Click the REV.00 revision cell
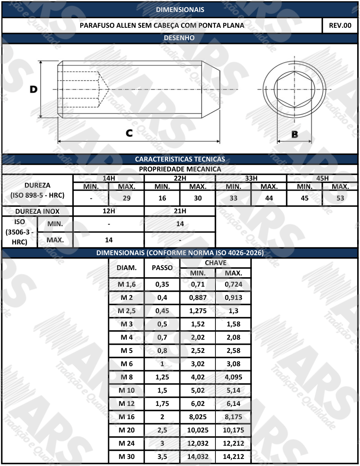click(x=340, y=25)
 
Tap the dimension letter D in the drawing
click(x=33, y=89)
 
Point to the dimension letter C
click(x=129, y=133)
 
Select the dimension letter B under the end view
click(x=295, y=134)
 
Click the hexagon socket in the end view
click(x=294, y=89)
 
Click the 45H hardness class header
click(x=322, y=178)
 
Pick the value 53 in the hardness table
click(x=340, y=198)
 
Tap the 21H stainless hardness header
click(x=180, y=211)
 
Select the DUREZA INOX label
click(x=37, y=211)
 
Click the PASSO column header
click(x=162, y=268)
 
